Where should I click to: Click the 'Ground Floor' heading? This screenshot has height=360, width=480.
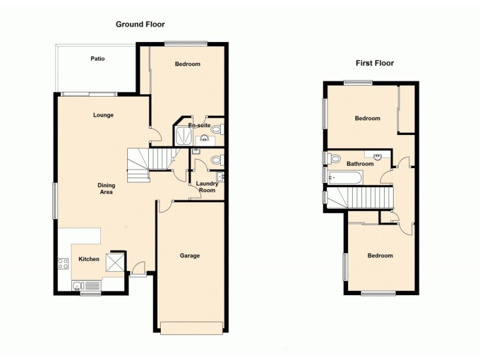[x=140, y=25]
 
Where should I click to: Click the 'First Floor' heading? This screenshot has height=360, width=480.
[x=374, y=63]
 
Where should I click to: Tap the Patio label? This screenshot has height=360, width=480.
[x=97, y=59]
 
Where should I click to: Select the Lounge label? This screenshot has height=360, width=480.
[x=103, y=115]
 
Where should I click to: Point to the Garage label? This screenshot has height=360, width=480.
[x=190, y=256]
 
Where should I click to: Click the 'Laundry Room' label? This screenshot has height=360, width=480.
[x=207, y=187]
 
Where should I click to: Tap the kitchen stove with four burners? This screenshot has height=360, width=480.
[x=63, y=263]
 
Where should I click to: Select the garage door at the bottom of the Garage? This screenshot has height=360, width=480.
[x=191, y=328]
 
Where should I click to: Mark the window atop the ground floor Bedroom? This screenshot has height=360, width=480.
[x=186, y=43]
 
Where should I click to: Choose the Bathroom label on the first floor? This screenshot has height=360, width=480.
[x=360, y=164]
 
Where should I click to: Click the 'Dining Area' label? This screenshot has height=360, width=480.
[x=106, y=189]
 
